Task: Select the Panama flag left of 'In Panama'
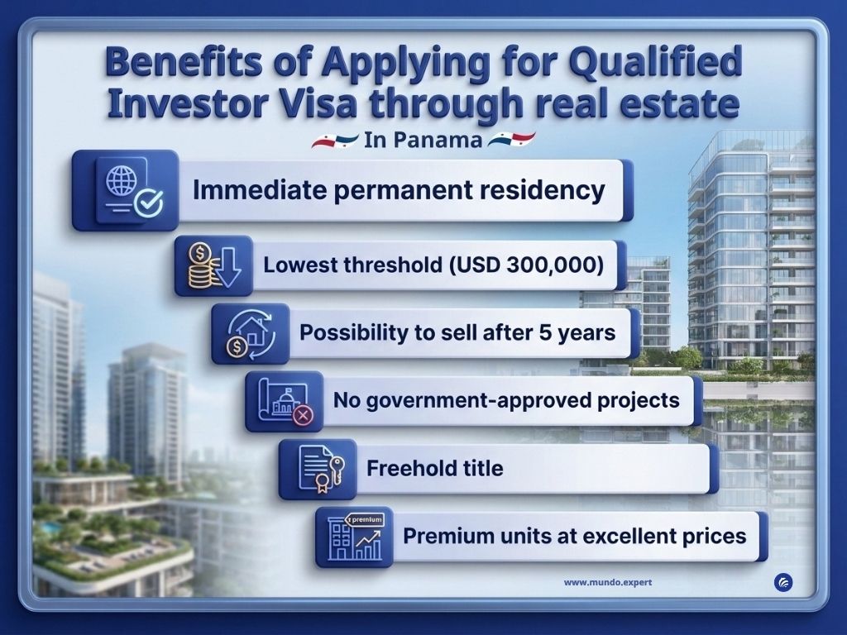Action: [x=335, y=141]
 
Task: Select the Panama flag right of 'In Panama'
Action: [x=511, y=140]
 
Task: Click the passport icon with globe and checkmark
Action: [x=133, y=190]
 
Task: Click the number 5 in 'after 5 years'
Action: [x=546, y=332]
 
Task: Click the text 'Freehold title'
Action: [x=435, y=468]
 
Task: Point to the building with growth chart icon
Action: [x=355, y=537]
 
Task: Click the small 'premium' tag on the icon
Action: [x=365, y=519]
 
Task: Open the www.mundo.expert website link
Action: [x=608, y=583]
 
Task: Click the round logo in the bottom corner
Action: [x=783, y=582]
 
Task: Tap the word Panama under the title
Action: [x=438, y=140]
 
